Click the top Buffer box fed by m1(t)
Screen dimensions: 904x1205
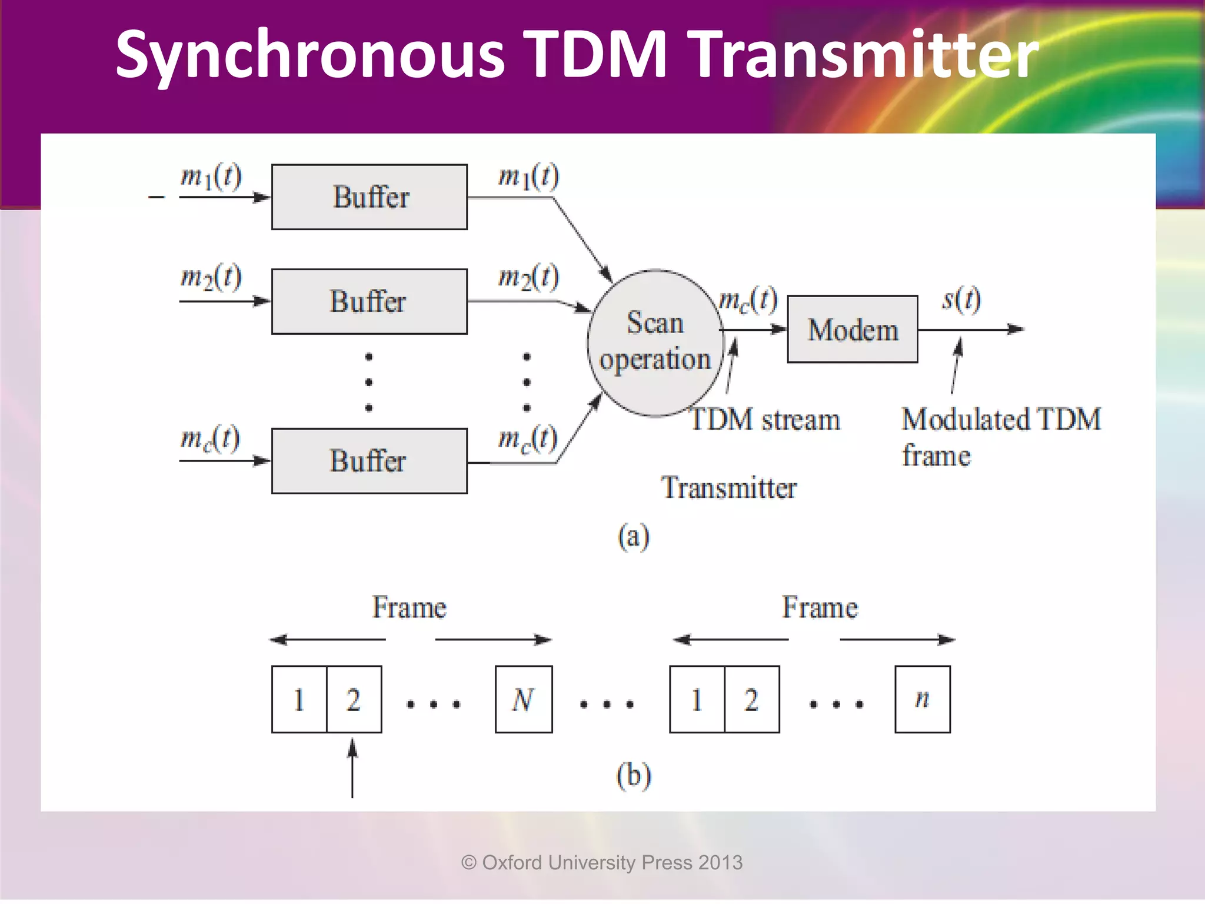click(x=370, y=197)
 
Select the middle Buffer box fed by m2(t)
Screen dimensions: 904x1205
click(x=370, y=301)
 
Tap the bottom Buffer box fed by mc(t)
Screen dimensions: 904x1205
click(x=370, y=461)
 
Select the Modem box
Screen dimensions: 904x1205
click(x=853, y=330)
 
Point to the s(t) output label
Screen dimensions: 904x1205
click(x=961, y=300)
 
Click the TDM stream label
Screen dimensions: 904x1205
click(x=765, y=420)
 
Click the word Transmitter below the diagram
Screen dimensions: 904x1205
click(x=729, y=488)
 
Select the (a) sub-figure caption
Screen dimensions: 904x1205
click(x=634, y=536)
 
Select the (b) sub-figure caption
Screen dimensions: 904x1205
click(x=634, y=775)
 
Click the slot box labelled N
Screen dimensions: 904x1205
click(x=524, y=699)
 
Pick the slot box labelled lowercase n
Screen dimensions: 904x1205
click(x=923, y=699)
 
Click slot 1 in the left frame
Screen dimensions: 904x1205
click(x=299, y=699)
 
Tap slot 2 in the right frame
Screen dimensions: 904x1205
click(x=752, y=699)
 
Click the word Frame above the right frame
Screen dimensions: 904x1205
click(x=820, y=607)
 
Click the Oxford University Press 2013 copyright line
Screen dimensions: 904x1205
click(x=602, y=863)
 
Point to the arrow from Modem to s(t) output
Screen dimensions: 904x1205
click(x=971, y=330)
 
